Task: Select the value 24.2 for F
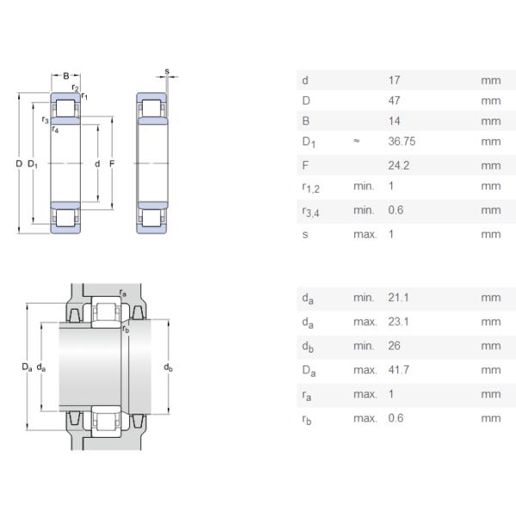click(x=396, y=165)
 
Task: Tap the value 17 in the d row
click(x=394, y=80)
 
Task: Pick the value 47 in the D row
click(x=394, y=101)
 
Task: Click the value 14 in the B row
click(x=394, y=120)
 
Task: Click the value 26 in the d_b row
click(x=394, y=346)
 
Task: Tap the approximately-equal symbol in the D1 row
click(x=356, y=141)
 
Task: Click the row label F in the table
click(x=305, y=165)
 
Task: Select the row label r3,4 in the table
click(x=309, y=211)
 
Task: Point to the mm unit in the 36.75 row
click(x=490, y=141)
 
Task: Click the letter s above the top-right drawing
click(x=167, y=71)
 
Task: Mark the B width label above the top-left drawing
click(x=65, y=77)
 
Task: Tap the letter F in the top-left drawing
click(x=112, y=163)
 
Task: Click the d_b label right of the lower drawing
click(x=168, y=368)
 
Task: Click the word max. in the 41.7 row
click(x=365, y=370)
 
